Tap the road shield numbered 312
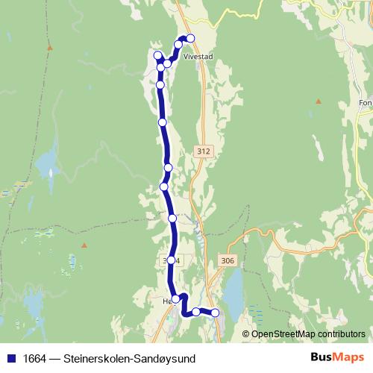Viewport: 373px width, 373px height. click(203, 151)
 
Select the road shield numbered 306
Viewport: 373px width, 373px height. click(228, 260)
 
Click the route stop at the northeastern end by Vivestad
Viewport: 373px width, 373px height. click(190, 38)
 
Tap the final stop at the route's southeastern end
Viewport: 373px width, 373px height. click(215, 313)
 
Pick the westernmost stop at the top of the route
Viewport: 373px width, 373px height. click(157, 55)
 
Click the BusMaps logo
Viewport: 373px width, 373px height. click(336, 357)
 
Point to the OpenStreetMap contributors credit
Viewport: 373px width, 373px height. click(308, 333)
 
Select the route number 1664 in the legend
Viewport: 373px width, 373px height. click(33, 358)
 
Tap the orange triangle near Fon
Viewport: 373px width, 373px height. click(319, 100)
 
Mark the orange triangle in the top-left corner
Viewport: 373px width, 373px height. click(50, 47)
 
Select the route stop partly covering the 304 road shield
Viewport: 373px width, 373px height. click(171, 260)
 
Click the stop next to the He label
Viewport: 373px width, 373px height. click(176, 299)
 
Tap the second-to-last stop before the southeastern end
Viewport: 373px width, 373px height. click(196, 312)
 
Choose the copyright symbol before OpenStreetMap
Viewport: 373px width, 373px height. click(246, 333)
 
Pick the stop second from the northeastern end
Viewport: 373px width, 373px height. click(178, 45)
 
